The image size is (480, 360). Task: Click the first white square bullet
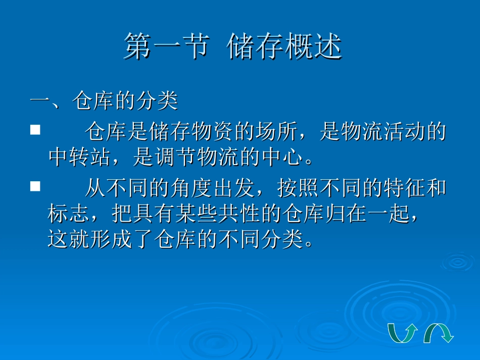35,130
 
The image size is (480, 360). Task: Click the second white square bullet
35,186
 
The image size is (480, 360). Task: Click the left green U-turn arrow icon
402,333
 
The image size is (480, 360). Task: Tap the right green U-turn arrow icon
438,333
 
